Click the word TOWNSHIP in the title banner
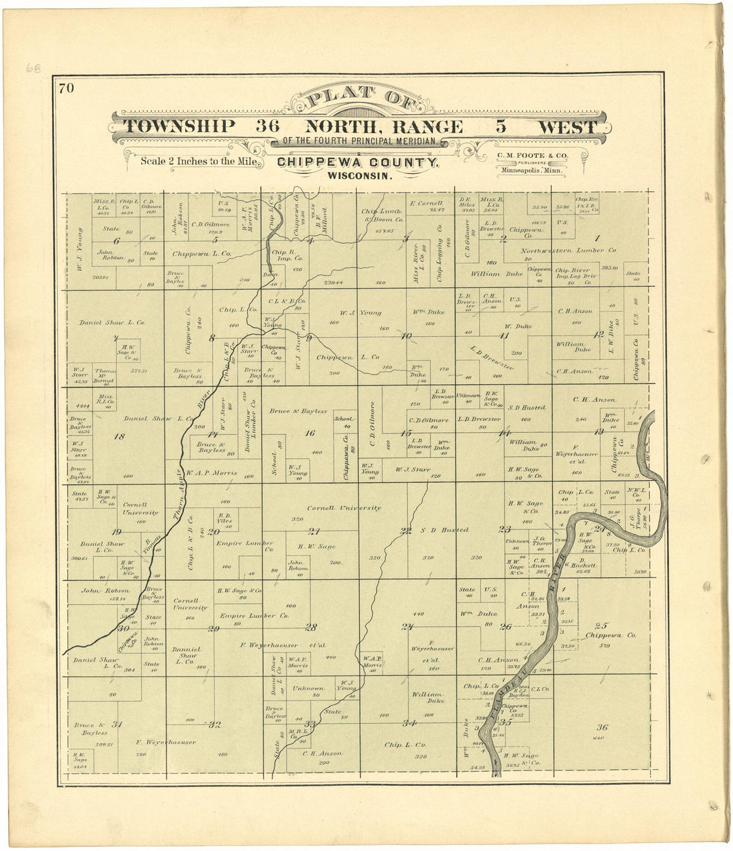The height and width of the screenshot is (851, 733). [180, 126]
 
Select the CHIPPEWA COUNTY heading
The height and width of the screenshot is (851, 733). [358, 162]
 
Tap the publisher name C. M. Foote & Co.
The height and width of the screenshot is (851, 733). [532, 155]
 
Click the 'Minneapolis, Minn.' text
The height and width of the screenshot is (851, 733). [531, 170]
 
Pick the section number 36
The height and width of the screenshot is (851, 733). [602, 727]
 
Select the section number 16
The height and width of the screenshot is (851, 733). [310, 433]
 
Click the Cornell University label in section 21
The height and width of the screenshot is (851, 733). [344, 507]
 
